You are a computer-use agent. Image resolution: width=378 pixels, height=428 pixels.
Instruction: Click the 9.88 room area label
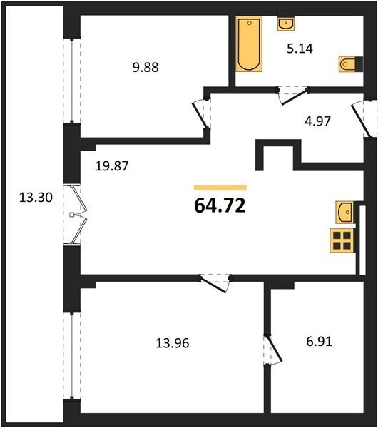click(x=145, y=68)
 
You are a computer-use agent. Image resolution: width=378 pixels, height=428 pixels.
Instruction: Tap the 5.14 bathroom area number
click(x=300, y=49)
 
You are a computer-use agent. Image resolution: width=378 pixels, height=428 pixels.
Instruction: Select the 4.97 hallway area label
click(x=317, y=121)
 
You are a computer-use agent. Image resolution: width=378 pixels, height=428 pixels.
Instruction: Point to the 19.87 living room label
click(x=112, y=166)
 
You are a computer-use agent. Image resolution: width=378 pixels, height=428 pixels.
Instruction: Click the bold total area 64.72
click(x=220, y=205)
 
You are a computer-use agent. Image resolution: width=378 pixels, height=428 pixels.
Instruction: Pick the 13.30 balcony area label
click(x=36, y=197)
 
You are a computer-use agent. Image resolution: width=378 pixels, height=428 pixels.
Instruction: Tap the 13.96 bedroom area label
click(x=172, y=343)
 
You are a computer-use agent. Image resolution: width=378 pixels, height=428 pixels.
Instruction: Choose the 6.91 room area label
click(x=319, y=341)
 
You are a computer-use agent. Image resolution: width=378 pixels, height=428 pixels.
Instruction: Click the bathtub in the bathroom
click(x=249, y=44)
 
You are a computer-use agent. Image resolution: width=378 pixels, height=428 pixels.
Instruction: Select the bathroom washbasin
click(x=286, y=24)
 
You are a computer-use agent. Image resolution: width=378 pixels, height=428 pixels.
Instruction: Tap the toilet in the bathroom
click(x=351, y=64)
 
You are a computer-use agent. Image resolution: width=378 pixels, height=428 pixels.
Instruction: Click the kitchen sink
click(x=344, y=212)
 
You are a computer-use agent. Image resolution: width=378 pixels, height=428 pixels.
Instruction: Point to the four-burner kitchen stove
click(x=342, y=240)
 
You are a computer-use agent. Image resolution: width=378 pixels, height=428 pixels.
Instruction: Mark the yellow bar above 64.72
click(x=220, y=188)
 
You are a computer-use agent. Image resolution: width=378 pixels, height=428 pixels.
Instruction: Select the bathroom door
click(x=293, y=95)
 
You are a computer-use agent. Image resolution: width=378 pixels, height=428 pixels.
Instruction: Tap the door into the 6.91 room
click(x=273, y=350)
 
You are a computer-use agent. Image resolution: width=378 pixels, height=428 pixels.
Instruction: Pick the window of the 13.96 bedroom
click(x=72, y=356)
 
